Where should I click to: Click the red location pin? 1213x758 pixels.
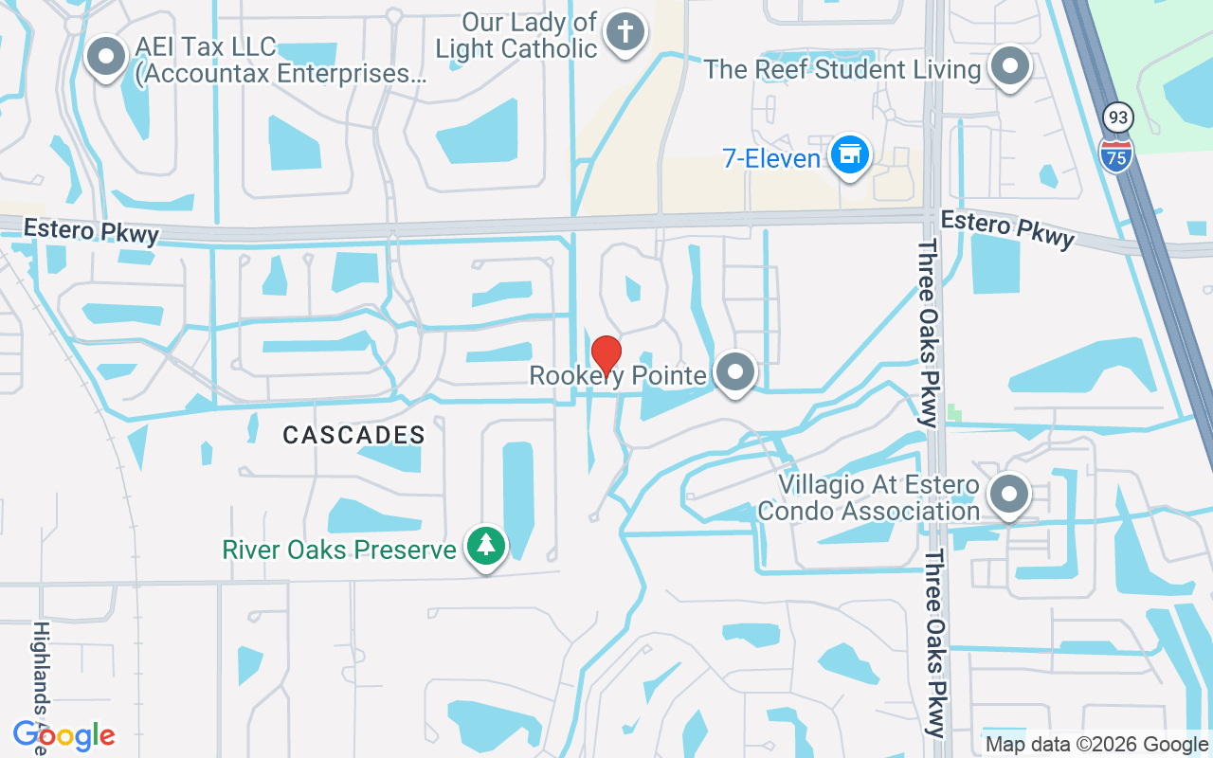tap(606, 356)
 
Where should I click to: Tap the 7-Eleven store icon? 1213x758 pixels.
tap(850, 154)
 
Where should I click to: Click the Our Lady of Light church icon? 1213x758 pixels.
tap(625, 32)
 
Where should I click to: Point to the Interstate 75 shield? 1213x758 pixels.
tap(1116, 153)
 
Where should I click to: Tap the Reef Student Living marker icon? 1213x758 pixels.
tap(1010, 67)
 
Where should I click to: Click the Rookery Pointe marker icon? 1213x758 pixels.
tap(734, 373)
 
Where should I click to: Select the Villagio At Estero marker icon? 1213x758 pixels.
tap(1009, 494)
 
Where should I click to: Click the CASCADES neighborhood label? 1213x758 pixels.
tap(354, 435)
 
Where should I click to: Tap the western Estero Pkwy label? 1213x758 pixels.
tap(91, 230)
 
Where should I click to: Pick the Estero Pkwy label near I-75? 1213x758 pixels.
tap(1008, 229)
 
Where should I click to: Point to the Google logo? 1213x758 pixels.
tap(64, 735)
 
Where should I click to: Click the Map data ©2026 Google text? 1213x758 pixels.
tap(1096, 745)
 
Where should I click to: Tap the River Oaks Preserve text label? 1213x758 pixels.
tap(339, 549)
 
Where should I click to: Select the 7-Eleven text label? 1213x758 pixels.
tap(771, 158)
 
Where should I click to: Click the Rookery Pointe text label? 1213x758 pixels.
tap(618, 376)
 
